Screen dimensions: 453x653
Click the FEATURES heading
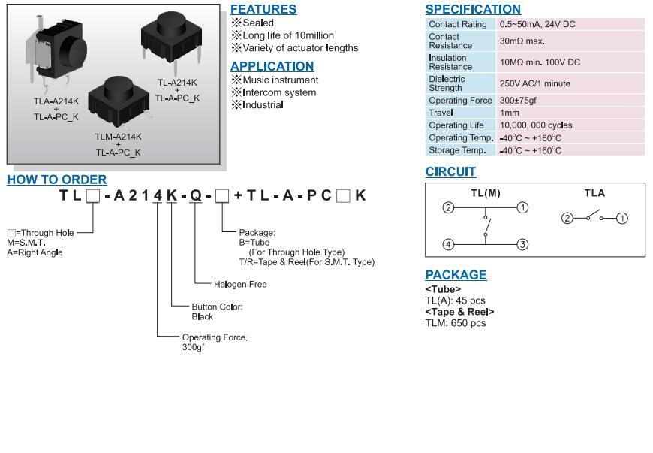pyautogui.click(x=263, y=10)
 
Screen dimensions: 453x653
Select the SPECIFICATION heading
pyautogui.click(x=473, y=10)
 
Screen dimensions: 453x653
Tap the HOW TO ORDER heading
pyautogui.click(x=57, y=180)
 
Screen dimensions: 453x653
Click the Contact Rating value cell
pyautogui.click(x=537, y=24)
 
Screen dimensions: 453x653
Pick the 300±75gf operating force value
pyautogui.click(x=518, y=101)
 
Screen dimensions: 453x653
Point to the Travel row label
pyautogui.click(x=441, y=113)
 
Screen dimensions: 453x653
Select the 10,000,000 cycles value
pyautogui.click(x=536, y=125)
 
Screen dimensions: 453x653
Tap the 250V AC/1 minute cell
pyautogui.click(x=534, y=83)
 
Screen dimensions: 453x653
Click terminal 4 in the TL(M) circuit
pyautogui.click(x=448, y=244)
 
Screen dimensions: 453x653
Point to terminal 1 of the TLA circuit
pyautogui.click(x=622, y=219)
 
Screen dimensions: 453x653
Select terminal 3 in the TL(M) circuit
pyautogui.click(x=523, y=244)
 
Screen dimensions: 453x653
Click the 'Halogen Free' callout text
pyautogui.click(x=240, y=285)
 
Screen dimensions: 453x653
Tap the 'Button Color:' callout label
pyautogui.click(x=217, y=307)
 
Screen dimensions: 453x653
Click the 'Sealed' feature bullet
pyautogui.click(x=258, y=23)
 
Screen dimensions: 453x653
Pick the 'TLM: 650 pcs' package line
pyautogui.click(x=456, y=323)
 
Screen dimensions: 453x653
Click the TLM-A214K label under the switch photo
pyautogui.click(x=118, y=137)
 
